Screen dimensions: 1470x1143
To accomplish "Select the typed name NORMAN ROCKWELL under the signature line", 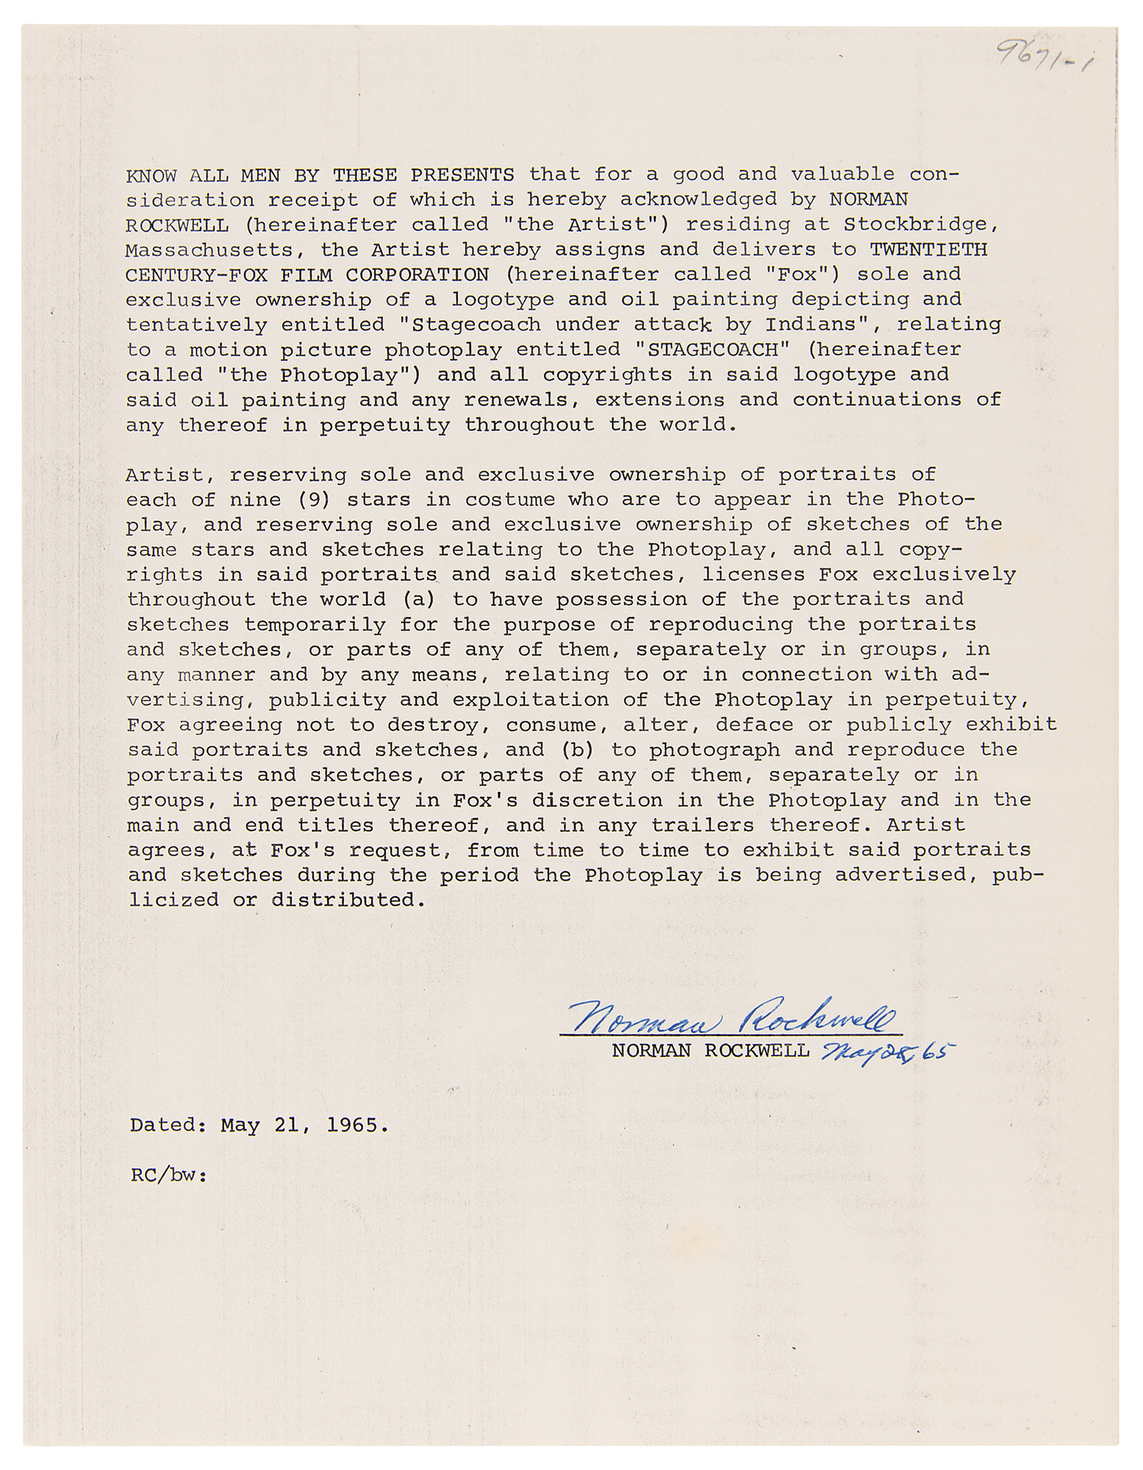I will [x=710, y=1050].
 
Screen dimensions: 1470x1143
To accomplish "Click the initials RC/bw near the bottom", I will [x=168, y=1175].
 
